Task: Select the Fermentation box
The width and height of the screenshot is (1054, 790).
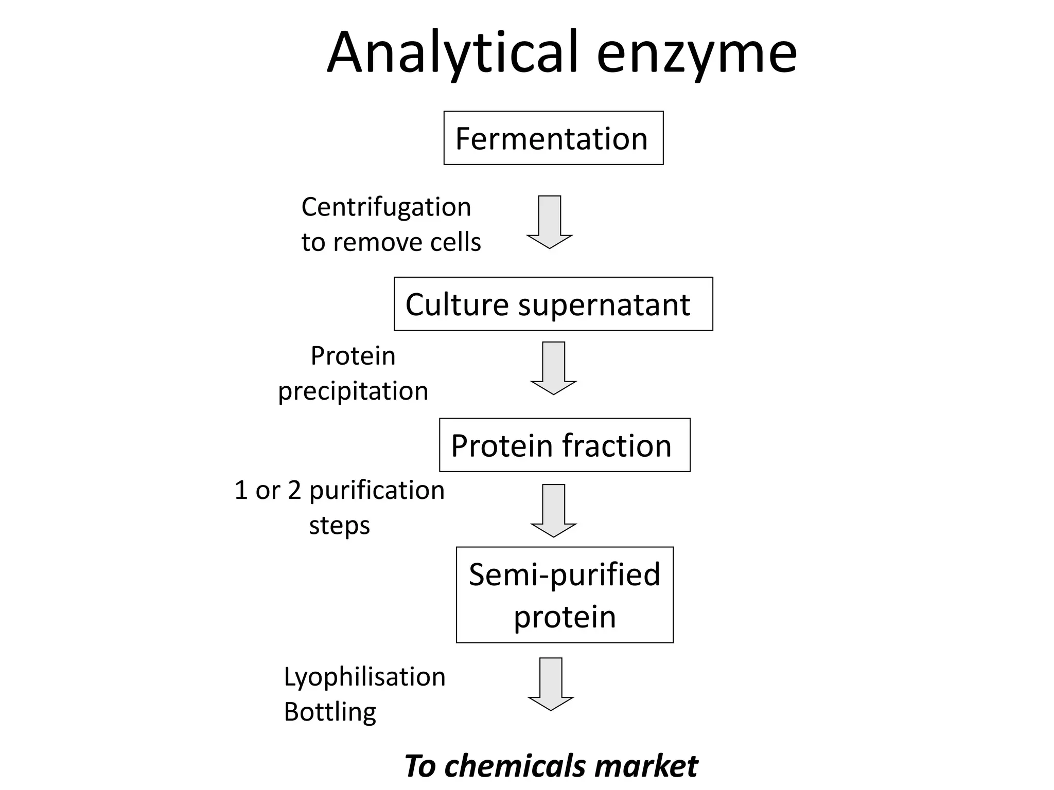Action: [553, 138]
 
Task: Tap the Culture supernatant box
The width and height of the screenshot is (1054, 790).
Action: [553, 304]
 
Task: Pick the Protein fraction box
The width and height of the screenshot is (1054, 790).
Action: [565, 445]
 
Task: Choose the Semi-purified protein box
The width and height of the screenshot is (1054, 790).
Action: [565, 595]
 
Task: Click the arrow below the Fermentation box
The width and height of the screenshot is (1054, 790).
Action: [550, 222]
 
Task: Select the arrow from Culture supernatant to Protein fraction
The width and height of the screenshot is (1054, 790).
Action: [554, 368]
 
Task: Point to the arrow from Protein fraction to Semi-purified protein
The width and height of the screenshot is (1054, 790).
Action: [554, 510]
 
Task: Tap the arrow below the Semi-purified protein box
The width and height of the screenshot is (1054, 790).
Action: [551, 684]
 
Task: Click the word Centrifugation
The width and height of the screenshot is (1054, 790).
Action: [386, 207]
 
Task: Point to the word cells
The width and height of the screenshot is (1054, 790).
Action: [455, 242]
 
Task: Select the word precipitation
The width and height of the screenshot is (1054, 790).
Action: [353, 391]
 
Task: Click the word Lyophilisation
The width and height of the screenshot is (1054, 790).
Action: [364, 677]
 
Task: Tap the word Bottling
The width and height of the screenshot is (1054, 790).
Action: [330, 712]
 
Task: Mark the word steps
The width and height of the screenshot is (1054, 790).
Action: [339, 526]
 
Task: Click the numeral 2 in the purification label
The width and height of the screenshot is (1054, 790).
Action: [294, 490]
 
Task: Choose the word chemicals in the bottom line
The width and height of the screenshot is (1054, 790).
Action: [515, 766]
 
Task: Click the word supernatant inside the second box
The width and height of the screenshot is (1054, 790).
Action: [604, 305]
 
